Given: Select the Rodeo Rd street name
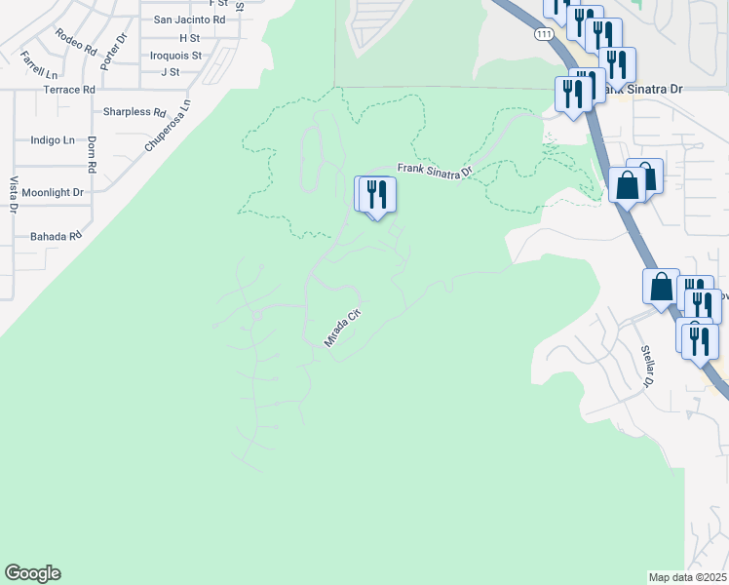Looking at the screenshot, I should click(77, 40).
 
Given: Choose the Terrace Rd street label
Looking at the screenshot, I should click(69, 90).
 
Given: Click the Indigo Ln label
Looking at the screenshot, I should click(53, 140).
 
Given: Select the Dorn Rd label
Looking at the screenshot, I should click(91, 153).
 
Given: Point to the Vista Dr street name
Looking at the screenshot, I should click(14, 194).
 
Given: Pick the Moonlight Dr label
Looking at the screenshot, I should click(55, 193).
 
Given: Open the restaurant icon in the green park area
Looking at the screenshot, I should click(377, 194).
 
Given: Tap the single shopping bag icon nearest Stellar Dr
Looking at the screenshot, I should click(661, 288).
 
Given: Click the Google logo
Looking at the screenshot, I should click(32, 573).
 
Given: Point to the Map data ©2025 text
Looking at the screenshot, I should click(688, 577).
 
